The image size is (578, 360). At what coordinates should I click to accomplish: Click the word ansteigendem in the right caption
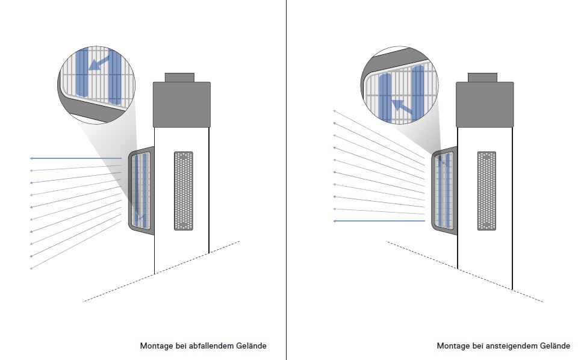coord(511,346)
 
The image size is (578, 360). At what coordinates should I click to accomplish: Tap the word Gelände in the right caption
coord(554,346)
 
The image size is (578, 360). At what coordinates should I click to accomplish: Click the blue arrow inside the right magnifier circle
coord(402,107)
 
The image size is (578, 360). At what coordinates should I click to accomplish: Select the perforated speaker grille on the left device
coord(183,190)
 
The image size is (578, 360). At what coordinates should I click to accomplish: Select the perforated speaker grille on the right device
coord(486,190)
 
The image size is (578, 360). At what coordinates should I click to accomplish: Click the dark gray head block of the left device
coord(181,104)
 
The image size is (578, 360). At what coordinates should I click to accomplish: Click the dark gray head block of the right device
coord(485,104)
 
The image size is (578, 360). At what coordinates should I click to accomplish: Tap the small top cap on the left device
coord(179,77)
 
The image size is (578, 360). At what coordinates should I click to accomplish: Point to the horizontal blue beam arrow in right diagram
coord(379,222)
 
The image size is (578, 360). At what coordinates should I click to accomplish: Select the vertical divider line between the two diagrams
coord(286,181)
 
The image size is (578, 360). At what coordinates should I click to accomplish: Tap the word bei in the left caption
coord(179,346)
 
